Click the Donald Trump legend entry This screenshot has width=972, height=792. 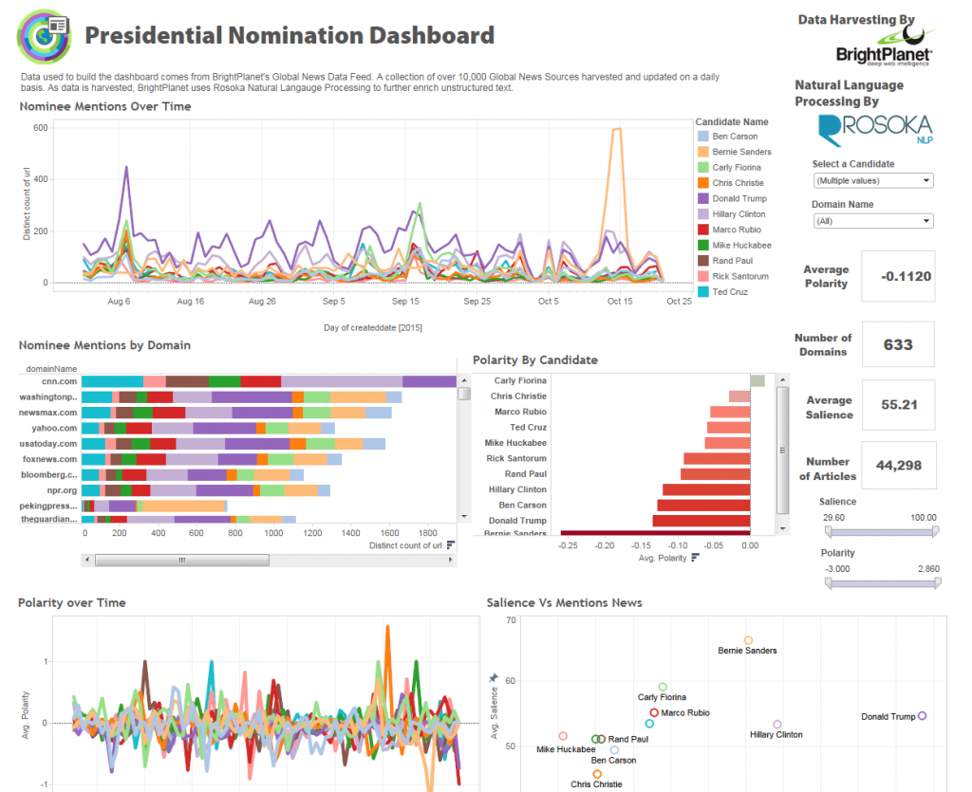pos(738,198)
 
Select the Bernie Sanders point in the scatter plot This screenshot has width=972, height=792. pos(748,640)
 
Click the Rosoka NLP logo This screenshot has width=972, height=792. pos(874,129)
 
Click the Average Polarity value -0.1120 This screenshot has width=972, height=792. pos(906,277)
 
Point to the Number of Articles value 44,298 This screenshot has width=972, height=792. pos(898,466)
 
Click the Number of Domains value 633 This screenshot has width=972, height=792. pos(898,344)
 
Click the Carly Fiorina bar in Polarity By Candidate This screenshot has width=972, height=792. pos(757,380)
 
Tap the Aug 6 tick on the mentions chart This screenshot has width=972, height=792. pos(120,301)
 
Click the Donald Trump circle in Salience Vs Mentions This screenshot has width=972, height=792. pos(923,716)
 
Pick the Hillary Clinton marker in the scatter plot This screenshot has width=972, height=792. pos(777,725)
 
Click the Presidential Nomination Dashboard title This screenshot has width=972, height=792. pos(290,36)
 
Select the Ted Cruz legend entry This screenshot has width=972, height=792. pos(730,291)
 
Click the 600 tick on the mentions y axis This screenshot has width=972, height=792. pos(41,127)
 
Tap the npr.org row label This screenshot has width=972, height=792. pos(65,490)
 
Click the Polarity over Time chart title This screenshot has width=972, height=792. pos(71,602)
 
